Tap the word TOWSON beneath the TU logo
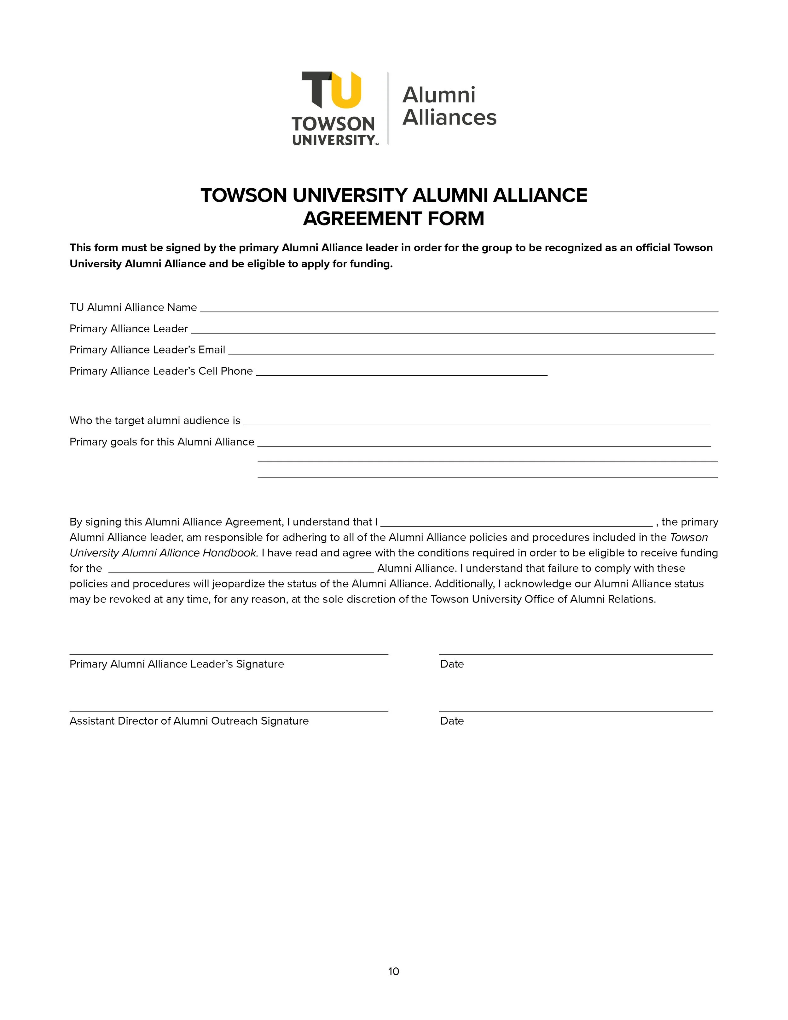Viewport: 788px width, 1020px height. pyautogui.click(x=333, y=124)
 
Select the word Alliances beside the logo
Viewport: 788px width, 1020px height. pyautogui.click(x=449, y=117)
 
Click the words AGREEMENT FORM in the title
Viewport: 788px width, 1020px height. pyautogui.click(x=394, y=219)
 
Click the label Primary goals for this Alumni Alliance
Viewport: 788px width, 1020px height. pyautogui.click(x=161, y=442)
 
